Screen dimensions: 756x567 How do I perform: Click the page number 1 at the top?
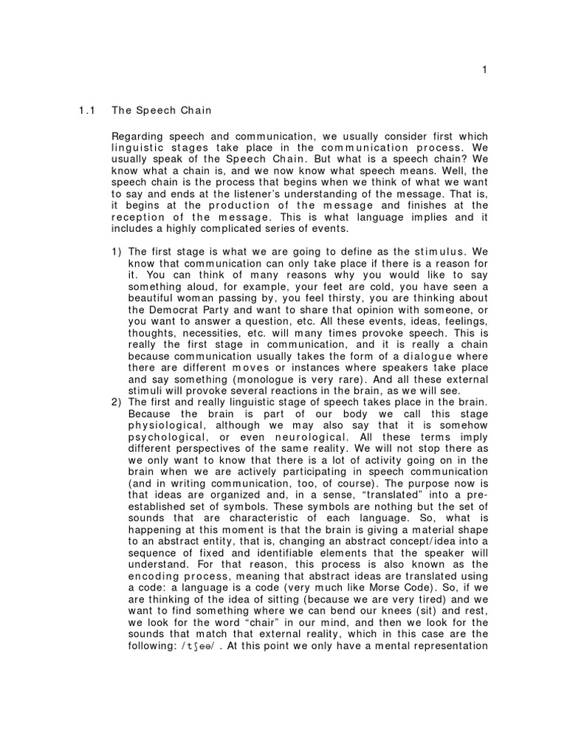tap(484, 70)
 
